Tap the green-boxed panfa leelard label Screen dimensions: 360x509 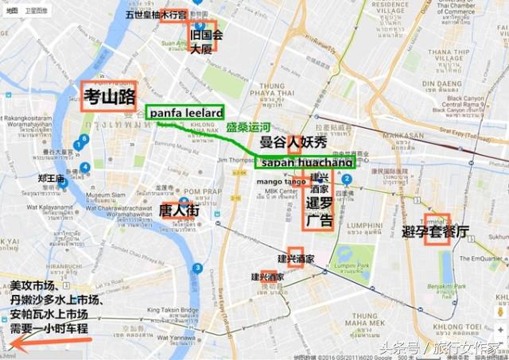tap(184, 114)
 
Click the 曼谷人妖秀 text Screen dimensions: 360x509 tap(293, 143)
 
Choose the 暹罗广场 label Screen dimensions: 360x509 tap(319, 211)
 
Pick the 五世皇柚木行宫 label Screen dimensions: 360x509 tap(156, 15)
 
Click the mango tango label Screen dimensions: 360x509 tap(278, 182)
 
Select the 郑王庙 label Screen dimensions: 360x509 tap(49, 179)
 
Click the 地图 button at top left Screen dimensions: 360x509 tap(12, 10)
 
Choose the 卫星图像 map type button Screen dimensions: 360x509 tap(37, 10)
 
